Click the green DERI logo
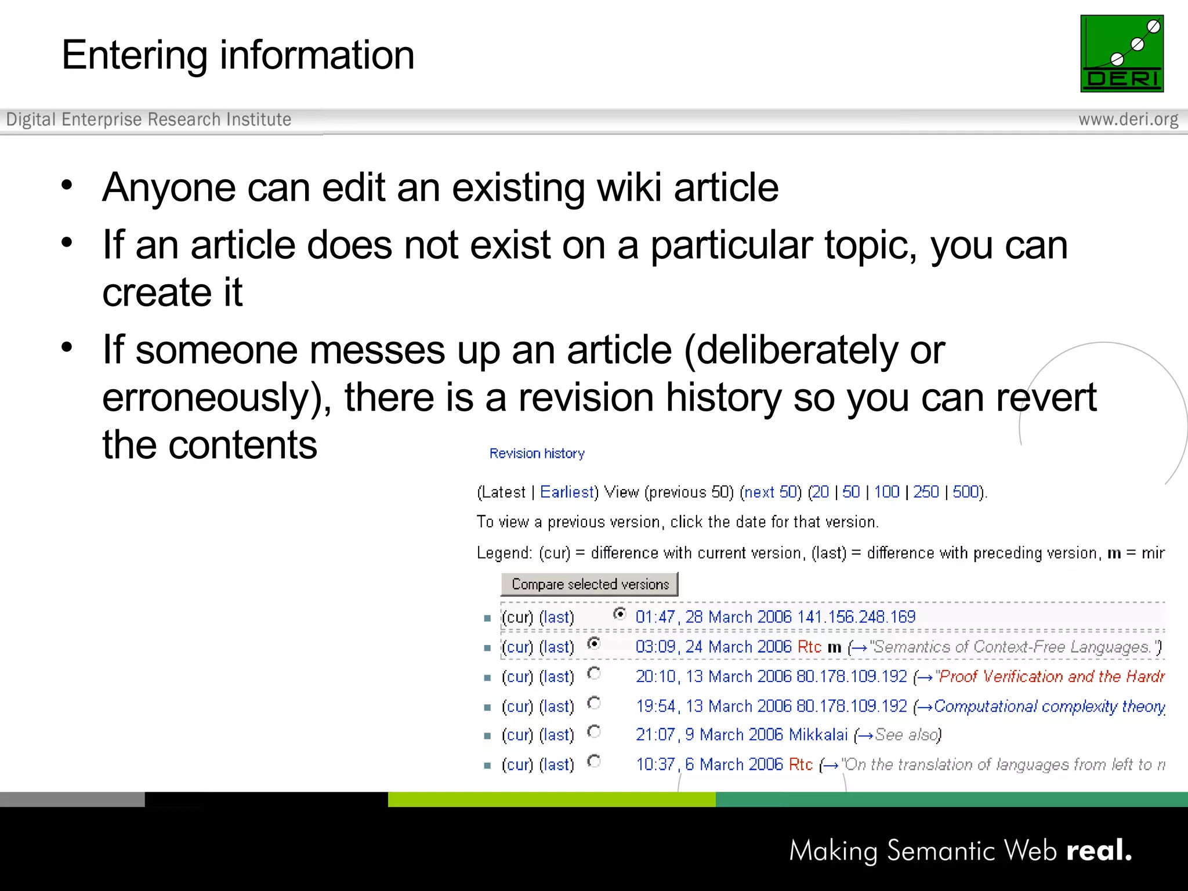point(1121,53)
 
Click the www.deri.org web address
point(1128,119)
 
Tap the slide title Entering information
point(238,55)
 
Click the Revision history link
point(537,454)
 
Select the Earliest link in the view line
point(567,492)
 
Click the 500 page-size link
point(966,492)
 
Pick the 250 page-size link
point(926,492)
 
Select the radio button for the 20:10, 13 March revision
point(594,673)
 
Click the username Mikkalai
point(818,735)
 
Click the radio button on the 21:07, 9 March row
point(594,731)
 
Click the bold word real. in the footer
point(1099,850)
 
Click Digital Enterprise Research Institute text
point(148,119)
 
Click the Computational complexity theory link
point(1049,707)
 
